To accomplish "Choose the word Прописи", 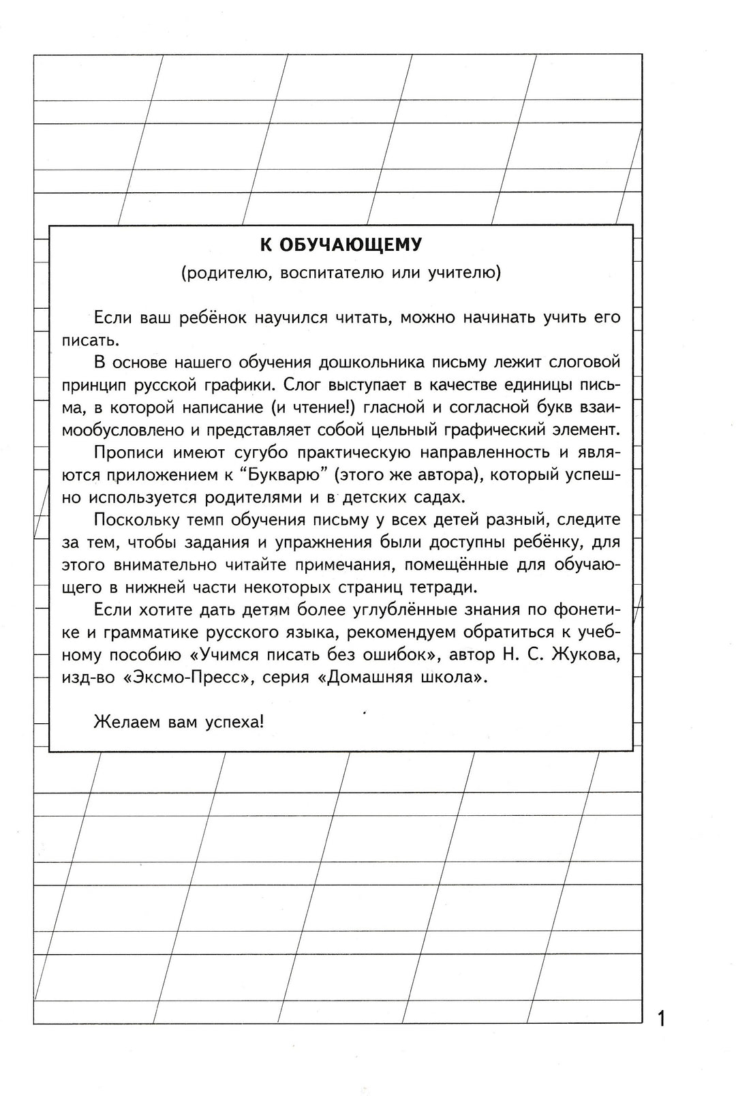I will point(125,452).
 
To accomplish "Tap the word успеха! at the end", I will point(234,722).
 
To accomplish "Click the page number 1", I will point(660,1019).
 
